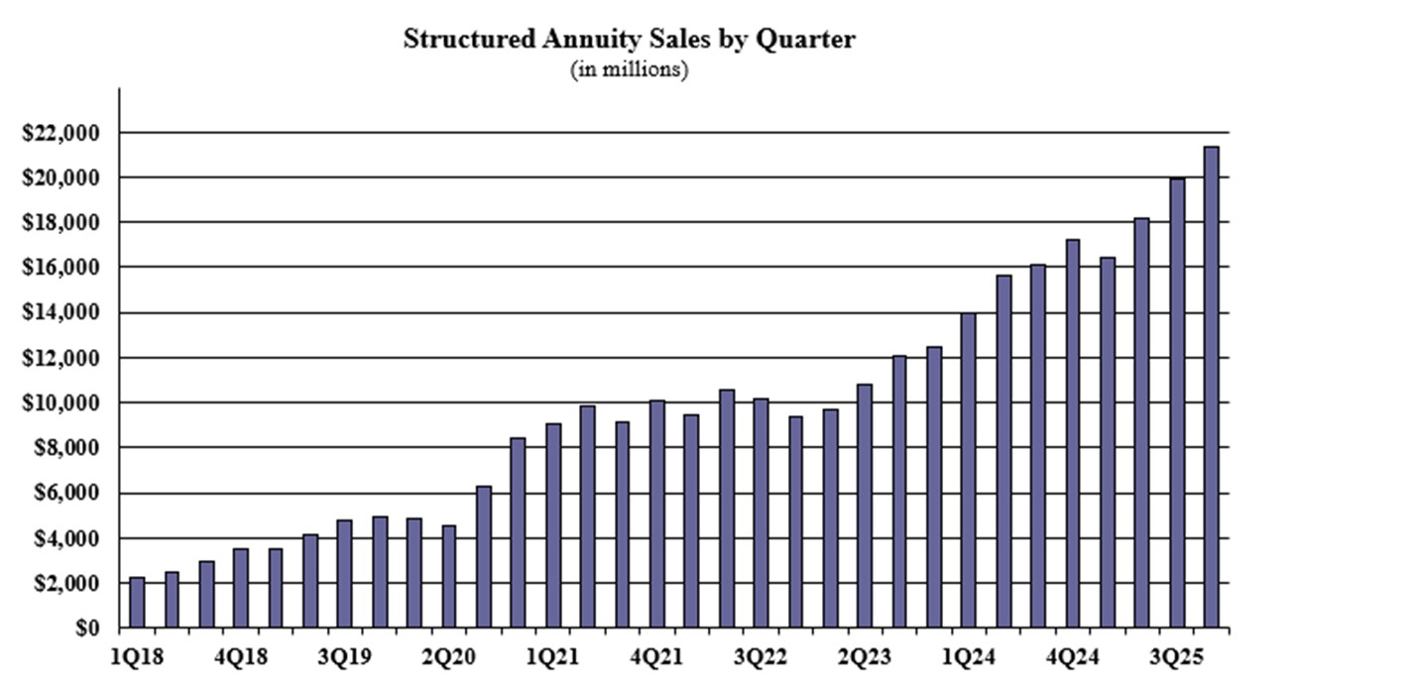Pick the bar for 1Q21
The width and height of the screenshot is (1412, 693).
coord(552,525)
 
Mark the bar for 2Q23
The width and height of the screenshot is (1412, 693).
coord(864,506)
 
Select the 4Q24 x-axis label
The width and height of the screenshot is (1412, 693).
coord(1075,657)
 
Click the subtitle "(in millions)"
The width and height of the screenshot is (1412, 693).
coord(629,70)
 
